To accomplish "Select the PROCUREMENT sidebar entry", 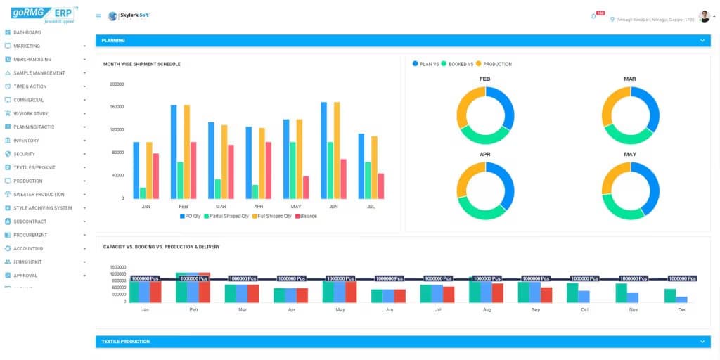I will click(x=30, y=235).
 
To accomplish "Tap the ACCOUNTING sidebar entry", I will click(x=28, y=248).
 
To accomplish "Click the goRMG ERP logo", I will click(x=42, y=15).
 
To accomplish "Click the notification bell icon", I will click(x=593, y=16).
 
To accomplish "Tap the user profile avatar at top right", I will click(x=704, y=16).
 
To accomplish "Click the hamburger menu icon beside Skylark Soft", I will click(x=98, y=16).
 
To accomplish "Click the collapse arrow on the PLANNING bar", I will click(x=701, y=41).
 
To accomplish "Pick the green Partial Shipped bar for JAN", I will click(x=143, y=193).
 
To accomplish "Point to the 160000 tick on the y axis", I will click(x=117, y=107).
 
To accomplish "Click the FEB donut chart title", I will click(x=485, y=79).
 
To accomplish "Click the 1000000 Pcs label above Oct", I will click(x=584, y=279).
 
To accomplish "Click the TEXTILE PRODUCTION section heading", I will click(x=126, y=342).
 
